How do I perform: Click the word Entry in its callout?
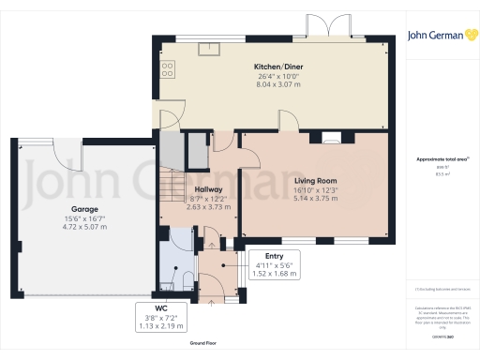pyautogui.click(x=274, y=255)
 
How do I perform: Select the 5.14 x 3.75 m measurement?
pyautogui.click(x=315, y=197)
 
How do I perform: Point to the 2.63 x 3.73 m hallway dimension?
pyautogui.click(x=208, y=206)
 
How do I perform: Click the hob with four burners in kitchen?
pyautogui.click(x=168, y=68)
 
